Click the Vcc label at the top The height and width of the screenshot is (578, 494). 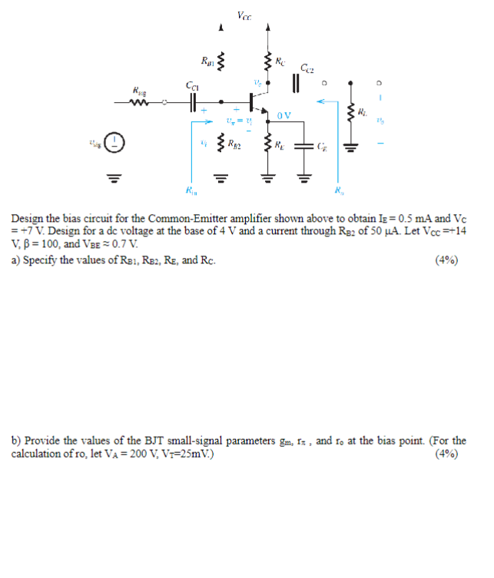pos(244,14)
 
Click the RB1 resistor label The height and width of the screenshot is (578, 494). pos(207,61)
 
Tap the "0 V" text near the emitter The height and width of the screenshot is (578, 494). pos(284,115)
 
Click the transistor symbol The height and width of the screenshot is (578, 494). pos(254,101)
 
